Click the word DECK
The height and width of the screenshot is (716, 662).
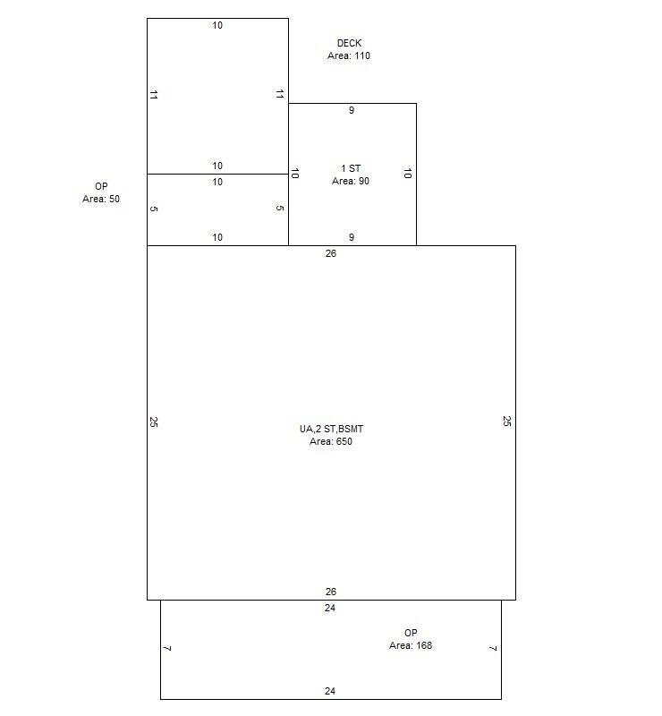click(x=349, y=43)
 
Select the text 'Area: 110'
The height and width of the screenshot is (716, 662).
click(x=349, y=55)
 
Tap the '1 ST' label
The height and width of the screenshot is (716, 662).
click(x=351, y=168)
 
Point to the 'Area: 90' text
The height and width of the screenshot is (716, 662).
click(x=351, y=181)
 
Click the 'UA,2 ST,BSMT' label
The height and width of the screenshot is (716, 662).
click(x=331, y=429)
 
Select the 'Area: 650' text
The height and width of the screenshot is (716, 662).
click(x=331, y=441)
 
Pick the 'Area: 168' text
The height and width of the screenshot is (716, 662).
click(x=411, y=645)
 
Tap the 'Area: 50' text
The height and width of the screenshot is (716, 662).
click(x=101, y=199)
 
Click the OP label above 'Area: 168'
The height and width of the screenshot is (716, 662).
click(x=411, y=633)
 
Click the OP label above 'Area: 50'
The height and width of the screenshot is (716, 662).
click(x=101, y=186)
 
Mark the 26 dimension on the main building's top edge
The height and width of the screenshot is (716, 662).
click(x=331, y=253)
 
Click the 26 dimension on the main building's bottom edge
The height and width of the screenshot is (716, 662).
click(x=331, y=592)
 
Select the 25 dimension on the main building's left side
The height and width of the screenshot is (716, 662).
click(x=154, y=422)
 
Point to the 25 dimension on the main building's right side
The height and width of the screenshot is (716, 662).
click(x=507, y=421)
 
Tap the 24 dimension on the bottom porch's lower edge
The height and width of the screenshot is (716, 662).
click(x=330, y=691)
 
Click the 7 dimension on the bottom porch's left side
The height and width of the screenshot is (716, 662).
click(x=167, y=648)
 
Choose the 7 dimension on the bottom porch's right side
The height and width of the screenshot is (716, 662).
click(x=493, y=648)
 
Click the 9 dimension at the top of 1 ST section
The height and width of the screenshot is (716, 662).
click(x=352, y=111)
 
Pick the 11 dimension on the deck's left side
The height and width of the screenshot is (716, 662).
click(x=154, y=95)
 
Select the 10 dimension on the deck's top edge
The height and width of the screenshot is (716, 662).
click(x=217, y=25)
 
